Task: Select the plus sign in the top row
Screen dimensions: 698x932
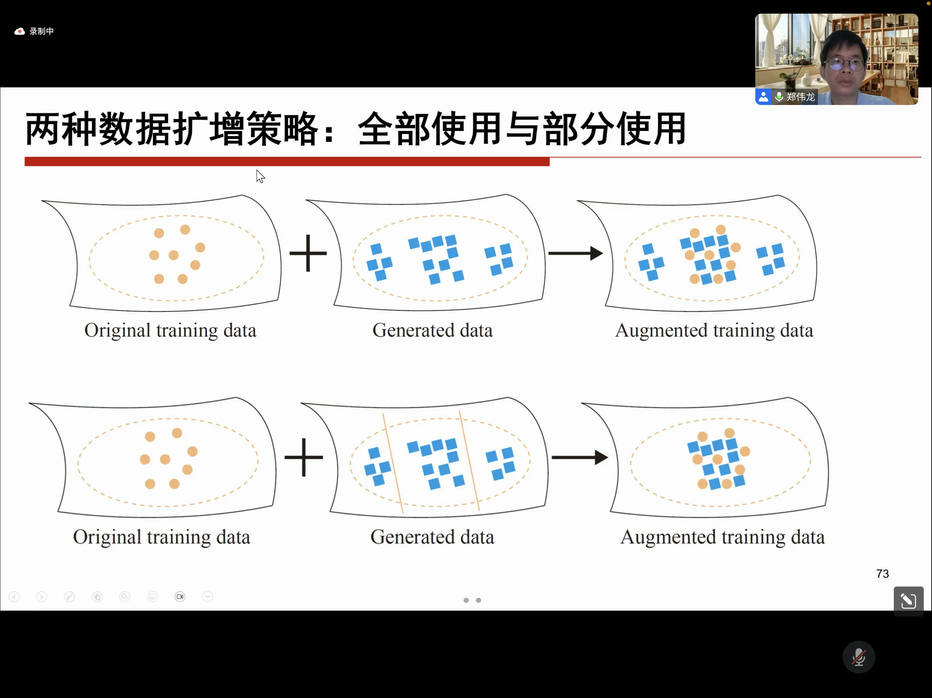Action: (x=308, y=253)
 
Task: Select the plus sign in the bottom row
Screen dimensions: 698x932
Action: (x=304, y=457)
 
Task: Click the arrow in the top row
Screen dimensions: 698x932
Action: (x=576, y=253)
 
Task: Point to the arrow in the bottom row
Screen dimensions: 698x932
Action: (x=580, y=457)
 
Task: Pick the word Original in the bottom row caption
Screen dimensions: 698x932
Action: (x=107, y=537)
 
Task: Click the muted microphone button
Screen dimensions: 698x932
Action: (x=858, y=657)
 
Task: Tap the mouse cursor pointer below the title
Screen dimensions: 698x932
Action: (x=260, y=176)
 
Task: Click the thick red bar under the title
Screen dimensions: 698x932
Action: (x=287, y=162)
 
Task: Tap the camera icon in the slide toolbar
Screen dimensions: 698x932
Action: (x=180, y=596)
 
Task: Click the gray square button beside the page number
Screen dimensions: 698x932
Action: (x=908, y=601)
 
